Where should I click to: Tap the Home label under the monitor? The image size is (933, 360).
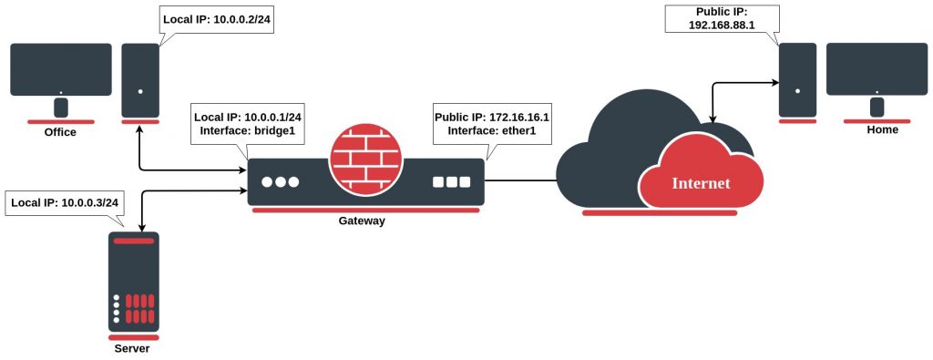pos(882,129)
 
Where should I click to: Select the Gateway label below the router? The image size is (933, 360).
pos(363,221)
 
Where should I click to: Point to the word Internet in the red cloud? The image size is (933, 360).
pos(701,182)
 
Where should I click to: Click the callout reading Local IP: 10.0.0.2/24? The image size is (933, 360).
pos(216,18)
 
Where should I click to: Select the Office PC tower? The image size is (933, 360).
pos(140,82)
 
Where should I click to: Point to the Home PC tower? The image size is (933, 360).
pos(796,82)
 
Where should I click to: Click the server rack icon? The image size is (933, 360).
pos(132,283)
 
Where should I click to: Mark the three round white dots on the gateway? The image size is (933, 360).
pos(280,181)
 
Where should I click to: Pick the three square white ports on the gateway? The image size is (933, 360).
pos(451,181)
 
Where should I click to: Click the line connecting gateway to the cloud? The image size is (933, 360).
pos(519,180)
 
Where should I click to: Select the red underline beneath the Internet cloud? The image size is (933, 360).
pos(659,212)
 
